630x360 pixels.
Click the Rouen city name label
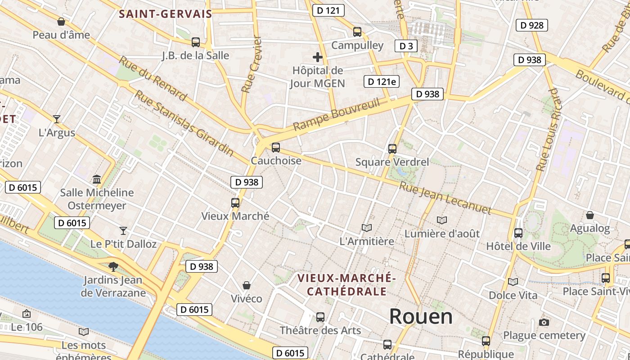tap(421, 316)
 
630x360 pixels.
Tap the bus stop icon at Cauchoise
tap(276, 147)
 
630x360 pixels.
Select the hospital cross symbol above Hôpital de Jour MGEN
tap(318, 57)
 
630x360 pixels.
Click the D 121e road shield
tap(382, 81)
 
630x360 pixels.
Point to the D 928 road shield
tap(531, 25)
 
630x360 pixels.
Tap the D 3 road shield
tap(406, 46)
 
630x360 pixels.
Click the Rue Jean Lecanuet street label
tap(445, 198)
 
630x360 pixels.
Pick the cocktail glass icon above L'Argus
tap(57, 119)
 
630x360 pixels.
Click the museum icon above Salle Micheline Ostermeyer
tap(97, 180)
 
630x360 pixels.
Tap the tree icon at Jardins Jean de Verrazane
tap(113, 266)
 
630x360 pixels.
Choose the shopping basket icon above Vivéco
tap(247, 285)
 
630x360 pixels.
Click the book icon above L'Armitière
tap(367, 228)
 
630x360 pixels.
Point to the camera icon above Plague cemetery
tap(544, 322)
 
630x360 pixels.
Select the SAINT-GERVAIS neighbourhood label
tap(165, 14)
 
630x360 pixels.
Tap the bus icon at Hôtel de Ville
tap(518, 233)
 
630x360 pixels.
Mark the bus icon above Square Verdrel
tap(392, 148)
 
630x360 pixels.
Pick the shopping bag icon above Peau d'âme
tap(61, 22)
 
